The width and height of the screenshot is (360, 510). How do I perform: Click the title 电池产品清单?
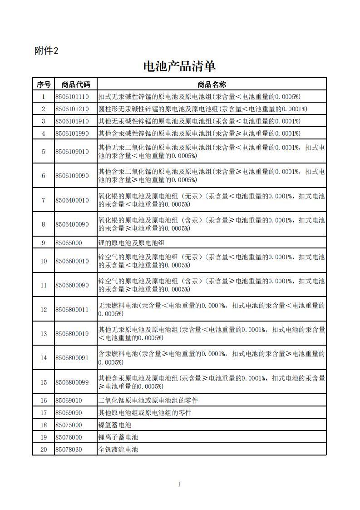click(x=179, y=66)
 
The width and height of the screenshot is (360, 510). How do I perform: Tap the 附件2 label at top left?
click(x=46, y=51)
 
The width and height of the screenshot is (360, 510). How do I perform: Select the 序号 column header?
click(x=44, y=84)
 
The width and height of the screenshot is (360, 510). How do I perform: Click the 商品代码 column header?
click(x=76, y=84)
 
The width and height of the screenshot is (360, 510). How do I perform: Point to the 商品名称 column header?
click(x=212, y=84)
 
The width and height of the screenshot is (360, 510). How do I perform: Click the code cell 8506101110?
click(x=72, y=97)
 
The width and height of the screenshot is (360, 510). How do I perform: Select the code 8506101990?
click(x=72, y=133)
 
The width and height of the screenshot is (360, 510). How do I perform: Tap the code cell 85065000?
click(x=69, y=243)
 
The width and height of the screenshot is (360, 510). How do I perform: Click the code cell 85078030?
click(x=69, y=450)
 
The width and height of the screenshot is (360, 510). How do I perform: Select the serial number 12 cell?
click(x=44, y=310)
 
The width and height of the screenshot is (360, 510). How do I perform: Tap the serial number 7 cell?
click(x=44, y=200)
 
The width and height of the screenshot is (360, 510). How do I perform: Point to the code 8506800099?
click(x=72, y=382)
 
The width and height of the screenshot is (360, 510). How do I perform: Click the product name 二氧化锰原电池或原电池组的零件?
click(x=148, y=401)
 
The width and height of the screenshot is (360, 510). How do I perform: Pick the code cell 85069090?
click(x=69, y=413)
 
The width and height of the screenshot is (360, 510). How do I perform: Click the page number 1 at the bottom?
click(x=179, y=484)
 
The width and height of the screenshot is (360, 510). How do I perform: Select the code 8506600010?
click(x=72, y=261)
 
